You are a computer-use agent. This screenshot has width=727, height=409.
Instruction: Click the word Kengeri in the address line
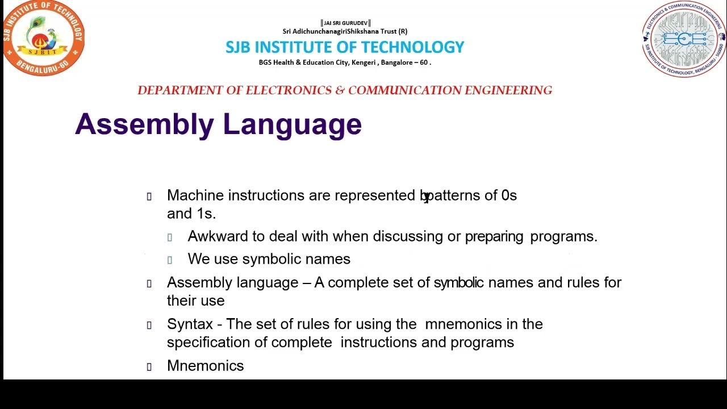(364, 62)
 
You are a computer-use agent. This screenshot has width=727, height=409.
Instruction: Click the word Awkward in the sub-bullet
(215, 236)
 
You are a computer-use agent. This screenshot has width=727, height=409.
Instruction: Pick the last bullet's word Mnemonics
(205, 366)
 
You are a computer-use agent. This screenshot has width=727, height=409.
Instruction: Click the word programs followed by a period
(563, 236)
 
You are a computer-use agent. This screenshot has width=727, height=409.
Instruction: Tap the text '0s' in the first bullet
(509, 195)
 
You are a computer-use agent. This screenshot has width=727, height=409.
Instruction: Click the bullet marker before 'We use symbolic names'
(170, 260)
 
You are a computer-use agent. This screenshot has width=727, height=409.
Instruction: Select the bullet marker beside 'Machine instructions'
(149, 197)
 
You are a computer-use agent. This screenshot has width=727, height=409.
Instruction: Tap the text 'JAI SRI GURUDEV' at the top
(345, 23)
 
